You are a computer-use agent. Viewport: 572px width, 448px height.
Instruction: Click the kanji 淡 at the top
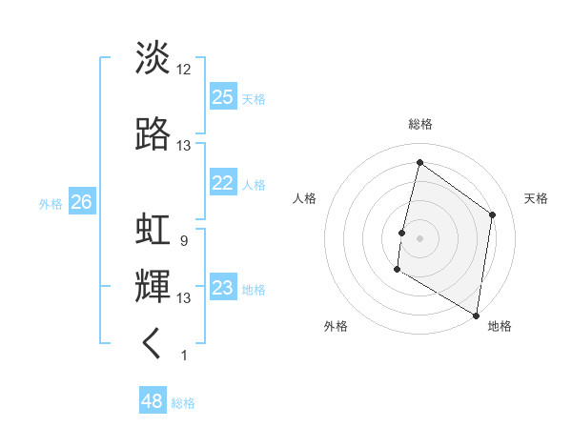point(153,57)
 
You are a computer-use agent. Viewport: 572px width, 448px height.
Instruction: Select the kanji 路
point(153,134)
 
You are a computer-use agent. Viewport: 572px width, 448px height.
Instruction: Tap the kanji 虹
point(153,231)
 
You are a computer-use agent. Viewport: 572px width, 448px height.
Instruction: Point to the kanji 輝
point(153,286)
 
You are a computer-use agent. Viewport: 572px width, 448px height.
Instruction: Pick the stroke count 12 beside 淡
point(184,69)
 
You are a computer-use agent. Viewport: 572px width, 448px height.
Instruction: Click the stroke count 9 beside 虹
point(183,241)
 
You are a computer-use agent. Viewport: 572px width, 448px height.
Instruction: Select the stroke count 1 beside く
point(183,356)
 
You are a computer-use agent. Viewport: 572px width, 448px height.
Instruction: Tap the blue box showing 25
point(223,97)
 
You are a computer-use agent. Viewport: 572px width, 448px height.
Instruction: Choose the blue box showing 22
point(223,184)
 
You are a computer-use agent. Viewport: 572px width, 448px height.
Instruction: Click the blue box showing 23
point(223,289)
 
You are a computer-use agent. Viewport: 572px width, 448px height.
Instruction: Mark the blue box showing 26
point(81,202)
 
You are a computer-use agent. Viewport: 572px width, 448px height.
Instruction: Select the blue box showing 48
point(153,401)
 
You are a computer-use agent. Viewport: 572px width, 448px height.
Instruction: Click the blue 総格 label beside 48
point(183,403)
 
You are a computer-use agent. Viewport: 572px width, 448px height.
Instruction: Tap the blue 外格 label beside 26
point(51,203)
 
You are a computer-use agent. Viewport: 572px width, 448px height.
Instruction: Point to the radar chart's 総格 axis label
point(419,124)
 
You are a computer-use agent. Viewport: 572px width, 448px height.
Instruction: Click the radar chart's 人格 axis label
point(305,198)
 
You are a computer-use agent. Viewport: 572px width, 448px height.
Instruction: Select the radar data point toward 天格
point(493,214)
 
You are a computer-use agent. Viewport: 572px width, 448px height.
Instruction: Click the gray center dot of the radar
point(419,237)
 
